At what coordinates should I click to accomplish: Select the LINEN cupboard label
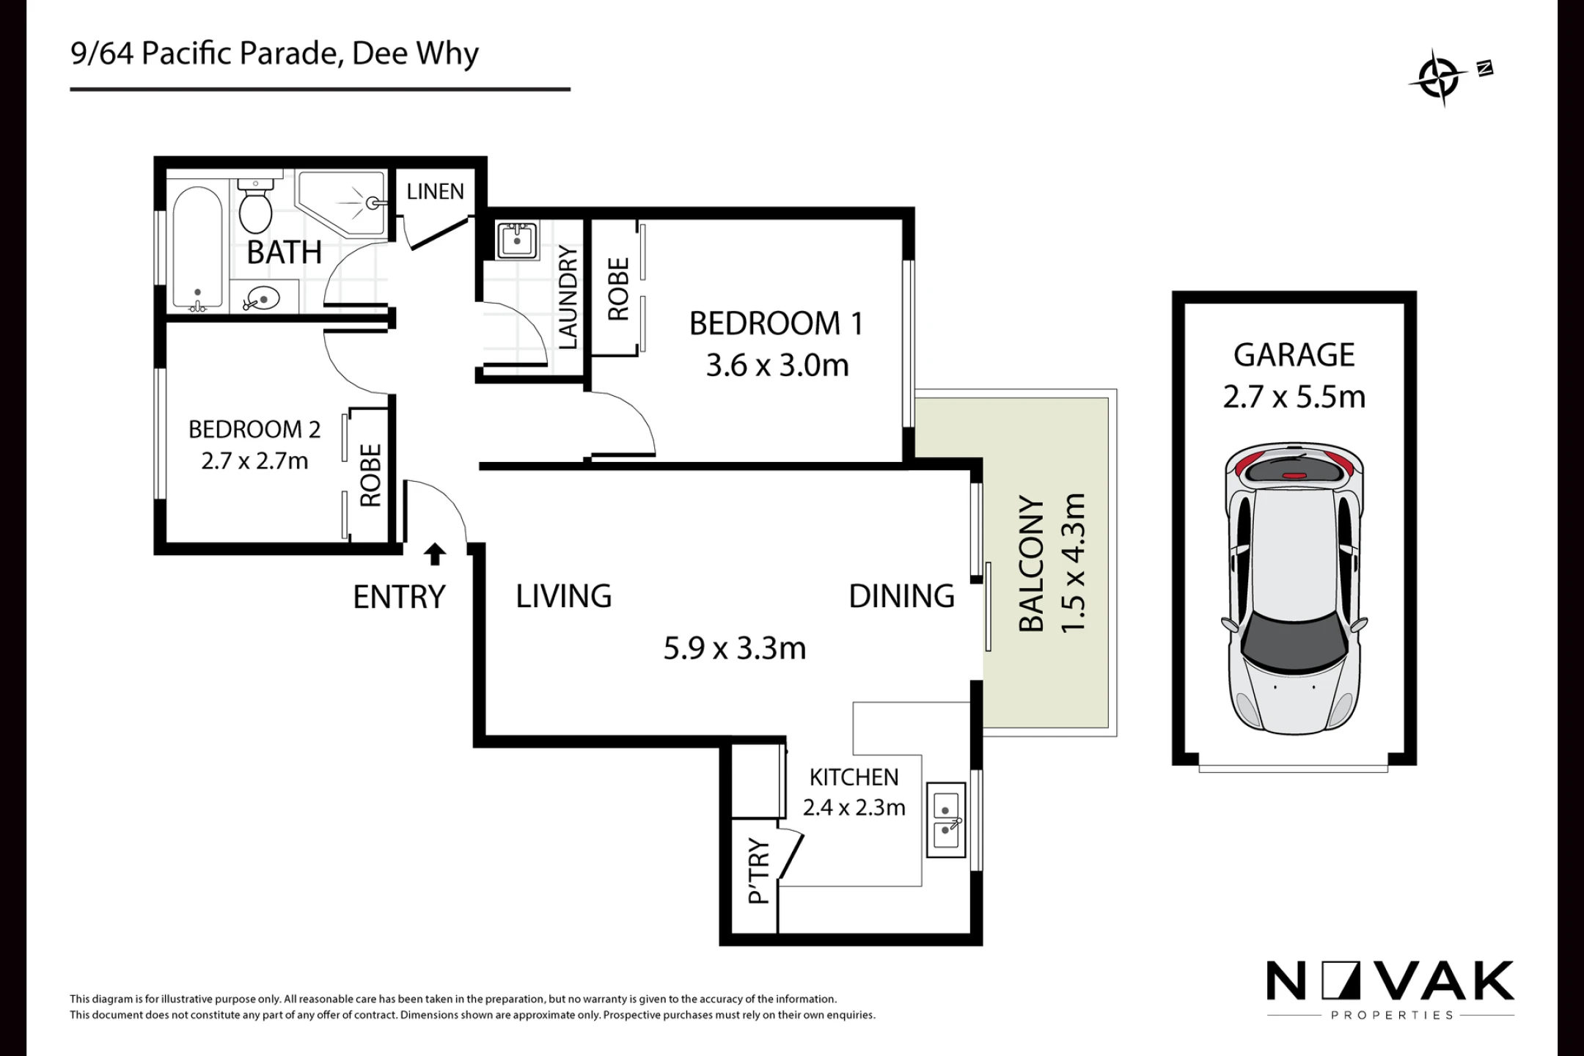(436, 191)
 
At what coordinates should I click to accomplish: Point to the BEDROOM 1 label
(776, 323)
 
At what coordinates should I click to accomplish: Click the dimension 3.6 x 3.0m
(777, 365)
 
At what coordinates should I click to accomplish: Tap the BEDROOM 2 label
(254, 429)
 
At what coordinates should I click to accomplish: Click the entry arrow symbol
(435, 554)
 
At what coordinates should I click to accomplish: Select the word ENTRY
(399, 597)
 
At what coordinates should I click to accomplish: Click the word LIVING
(563, 596)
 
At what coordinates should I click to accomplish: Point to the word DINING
(901, 596)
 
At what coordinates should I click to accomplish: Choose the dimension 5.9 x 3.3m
(735, 648)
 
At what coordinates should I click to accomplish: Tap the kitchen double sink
(946, 820)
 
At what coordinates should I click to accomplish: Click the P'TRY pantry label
(759, 870)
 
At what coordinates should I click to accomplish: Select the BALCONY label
(1031, 564)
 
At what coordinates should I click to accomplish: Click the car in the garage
(1294, 587)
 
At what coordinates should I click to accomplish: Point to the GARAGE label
(1294, 355)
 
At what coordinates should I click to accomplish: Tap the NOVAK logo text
(1390, 981)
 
